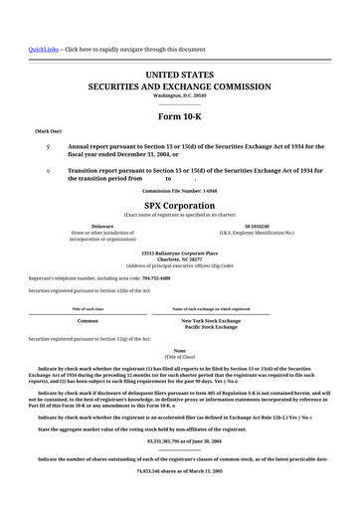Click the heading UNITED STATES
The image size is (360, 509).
pos(180,75)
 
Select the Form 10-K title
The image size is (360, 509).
pos(180,116)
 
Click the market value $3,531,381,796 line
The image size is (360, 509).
pos(180,438)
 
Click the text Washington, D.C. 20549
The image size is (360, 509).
pos(180,95)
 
